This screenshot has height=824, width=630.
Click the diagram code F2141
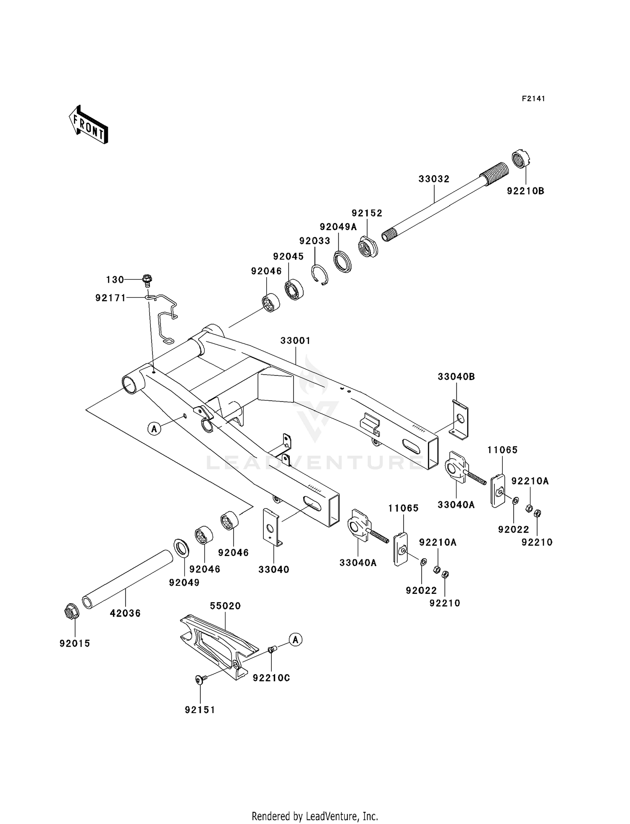click(x=533, y=99)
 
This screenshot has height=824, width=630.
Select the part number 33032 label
click(x=434, y=179)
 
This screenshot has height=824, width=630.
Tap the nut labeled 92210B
click(x=522, y=159)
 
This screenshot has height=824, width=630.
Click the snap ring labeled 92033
click(x=320, y=276)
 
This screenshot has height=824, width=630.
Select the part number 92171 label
click(x=110, y=298)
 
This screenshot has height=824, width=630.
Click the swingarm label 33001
click(x=295, y=341)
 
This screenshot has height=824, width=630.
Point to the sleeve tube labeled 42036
click(x=128, y=581)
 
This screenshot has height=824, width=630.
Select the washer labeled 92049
click(x=181, y=548)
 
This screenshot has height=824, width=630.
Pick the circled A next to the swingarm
click(x=154, y=429)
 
